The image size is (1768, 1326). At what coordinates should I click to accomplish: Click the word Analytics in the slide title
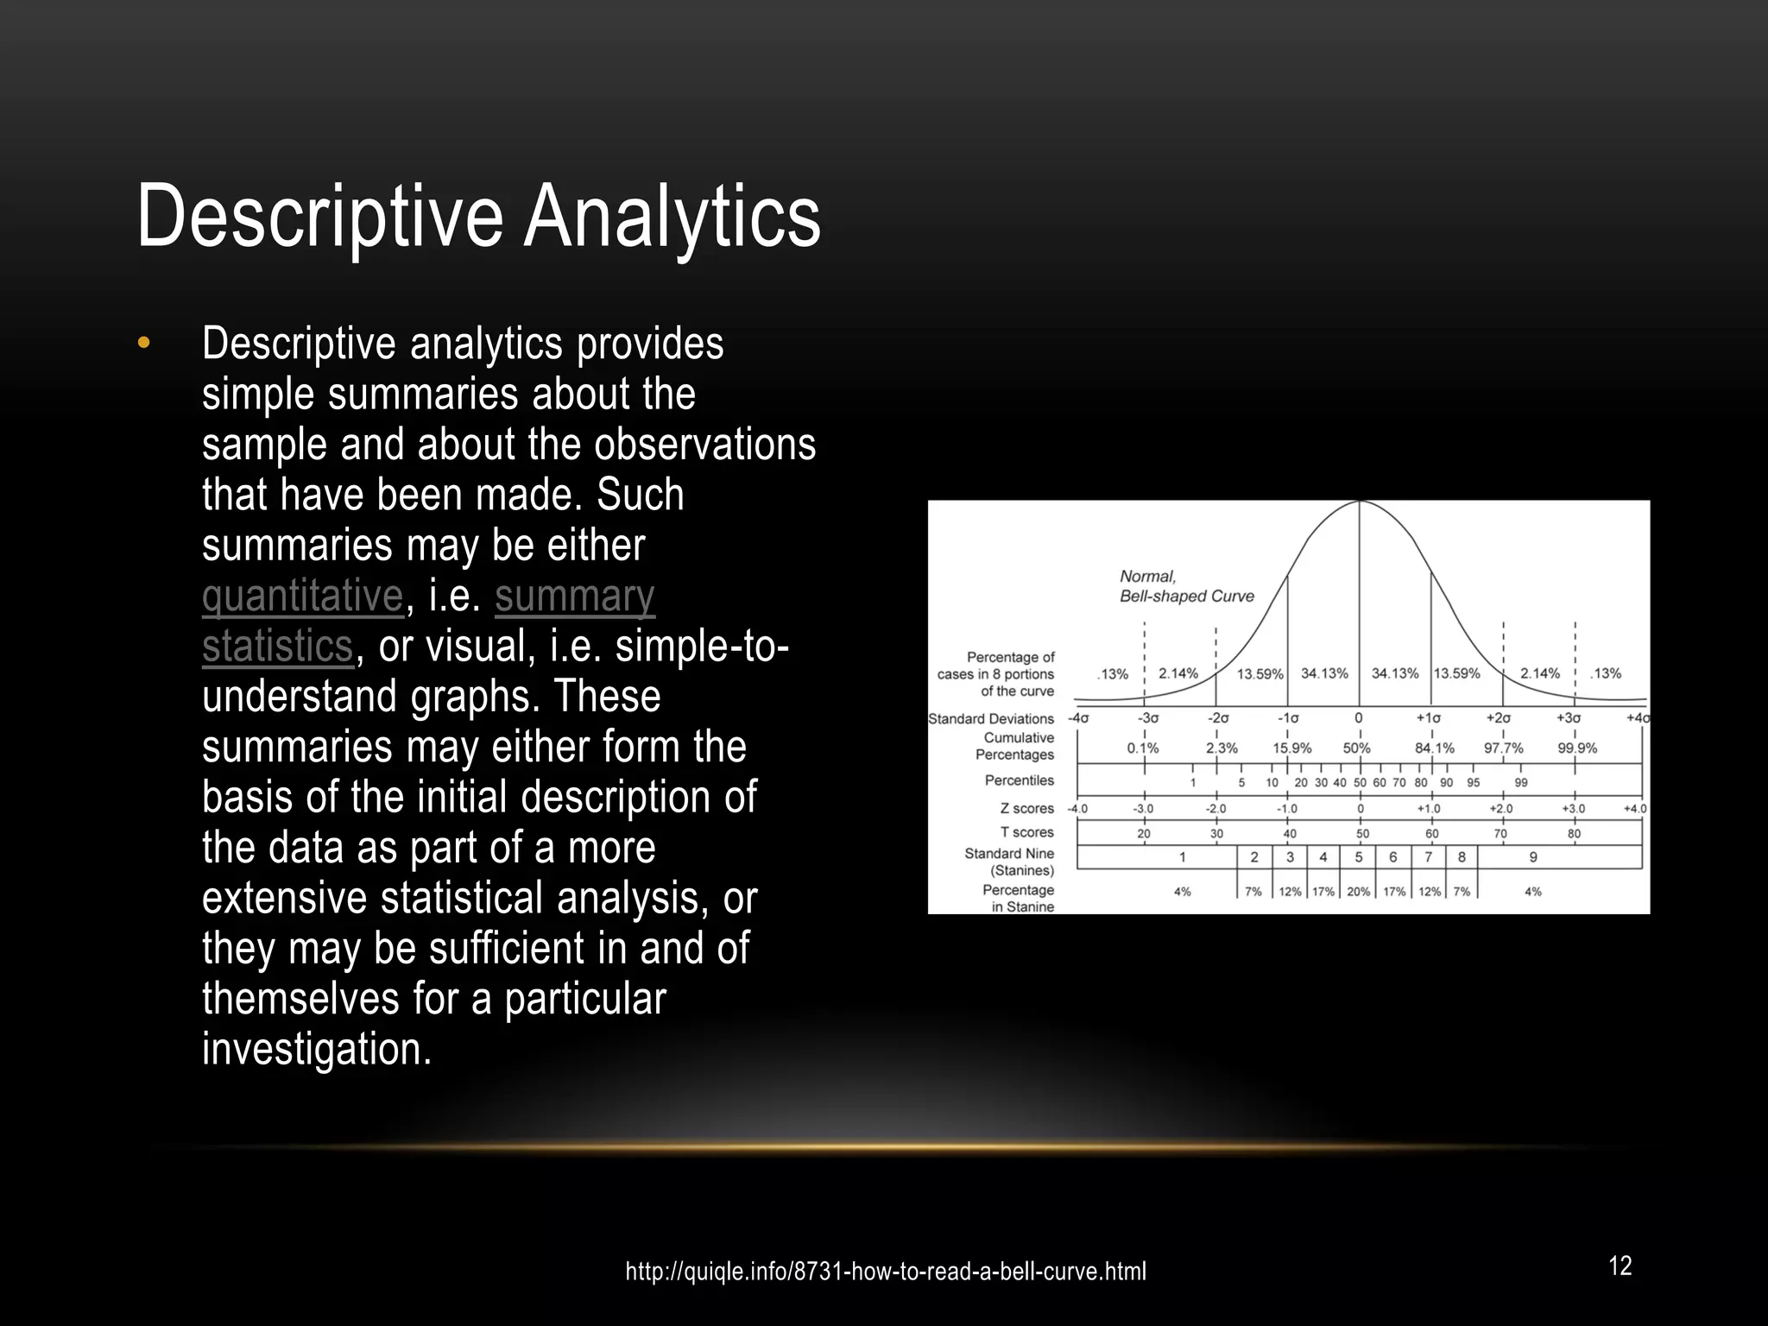point(672,217)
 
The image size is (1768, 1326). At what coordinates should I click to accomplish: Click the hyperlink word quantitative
point(302,596)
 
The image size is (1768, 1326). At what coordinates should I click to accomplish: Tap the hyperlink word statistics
point(277,646)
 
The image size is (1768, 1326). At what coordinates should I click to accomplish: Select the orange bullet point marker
point(143,344)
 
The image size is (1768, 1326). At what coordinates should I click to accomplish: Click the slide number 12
point(1620,1266)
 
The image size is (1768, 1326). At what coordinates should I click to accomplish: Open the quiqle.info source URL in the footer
point(886,1272)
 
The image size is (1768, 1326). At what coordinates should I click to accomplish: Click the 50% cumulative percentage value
point(1356,748)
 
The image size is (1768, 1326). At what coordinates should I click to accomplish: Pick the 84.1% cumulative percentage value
point(1434,748)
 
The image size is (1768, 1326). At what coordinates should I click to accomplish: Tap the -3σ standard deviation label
point(1147,718)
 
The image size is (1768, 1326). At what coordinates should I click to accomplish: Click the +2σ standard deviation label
point(1498,718)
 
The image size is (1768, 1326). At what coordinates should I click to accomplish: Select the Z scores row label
point(1026,809)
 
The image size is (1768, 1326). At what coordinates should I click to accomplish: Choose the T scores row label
point(1026,832)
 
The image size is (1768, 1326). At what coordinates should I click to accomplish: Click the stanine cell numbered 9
point(1533,857)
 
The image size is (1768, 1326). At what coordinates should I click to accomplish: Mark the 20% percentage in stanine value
point(1358,892)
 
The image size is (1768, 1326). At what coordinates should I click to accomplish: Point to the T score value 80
point(1574,834)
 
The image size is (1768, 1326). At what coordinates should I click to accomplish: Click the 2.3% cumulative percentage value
point(1222,748)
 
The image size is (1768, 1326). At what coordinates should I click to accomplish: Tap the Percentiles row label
point(1019,780)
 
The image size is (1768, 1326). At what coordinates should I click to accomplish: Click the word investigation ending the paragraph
point(315,1049)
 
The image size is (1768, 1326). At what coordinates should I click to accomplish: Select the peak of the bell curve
point(1360,502)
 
